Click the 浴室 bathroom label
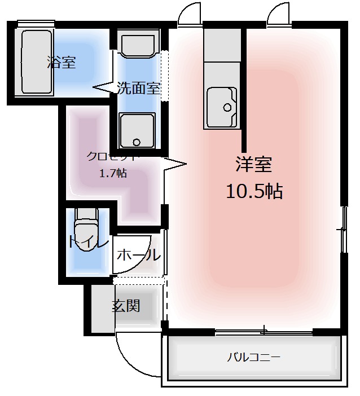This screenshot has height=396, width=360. pyautogui.click(x=61, y=62)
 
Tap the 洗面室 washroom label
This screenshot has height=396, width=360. pyautogui.click(x=139, y=88)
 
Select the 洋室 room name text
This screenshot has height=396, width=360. pyautogui.click(x=254, y=164)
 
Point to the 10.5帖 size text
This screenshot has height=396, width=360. pyautogui.click(x=254, y=191)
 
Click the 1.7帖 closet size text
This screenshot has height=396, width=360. pyautogui.click(x=113, y=173)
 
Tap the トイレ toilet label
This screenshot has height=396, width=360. pyautogui.click(x=88, y=242)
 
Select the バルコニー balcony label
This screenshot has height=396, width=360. pyautogui.click(x=254, y=357)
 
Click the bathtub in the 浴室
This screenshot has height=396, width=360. pyautogui.click(x=36, y=62)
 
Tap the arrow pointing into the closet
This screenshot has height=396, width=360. pyautogui.click(x=174, y=165)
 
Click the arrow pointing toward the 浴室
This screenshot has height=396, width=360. pyautogui.click(x=104, y=87)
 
